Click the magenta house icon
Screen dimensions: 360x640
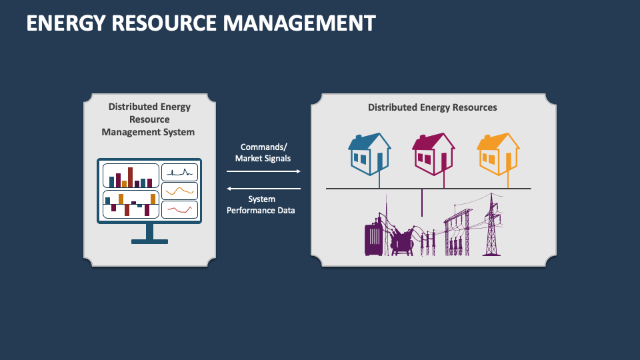(433, 154)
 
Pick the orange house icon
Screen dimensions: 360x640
(498, 154)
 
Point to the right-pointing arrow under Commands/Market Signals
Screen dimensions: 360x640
(263, 171)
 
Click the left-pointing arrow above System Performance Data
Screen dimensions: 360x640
(263, 189)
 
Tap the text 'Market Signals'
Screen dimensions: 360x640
(263, 159)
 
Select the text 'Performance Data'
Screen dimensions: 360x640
(261, 210)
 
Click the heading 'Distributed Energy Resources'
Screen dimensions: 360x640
(432, 107)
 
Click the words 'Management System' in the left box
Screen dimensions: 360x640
(148, 132)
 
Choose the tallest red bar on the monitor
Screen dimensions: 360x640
(131, 177)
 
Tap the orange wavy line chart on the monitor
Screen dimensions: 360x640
(180, 191)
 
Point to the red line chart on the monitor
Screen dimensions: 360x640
(180, 209)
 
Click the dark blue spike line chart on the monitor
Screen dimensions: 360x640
(180, 172)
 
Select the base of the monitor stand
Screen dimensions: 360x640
(149, 241)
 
